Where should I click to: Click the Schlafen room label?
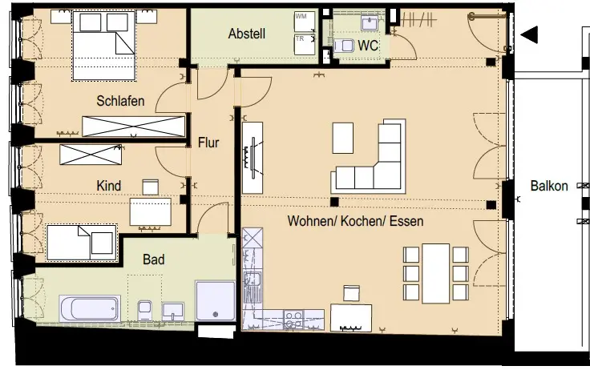pos(120,101)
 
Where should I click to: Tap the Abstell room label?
pos(247,34)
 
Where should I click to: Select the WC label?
pos(368,46)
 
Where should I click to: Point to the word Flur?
pos(208,143)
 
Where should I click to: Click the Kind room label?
pos(109,186)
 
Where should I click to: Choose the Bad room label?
pos(154,259)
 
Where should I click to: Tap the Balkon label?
pos(549,186)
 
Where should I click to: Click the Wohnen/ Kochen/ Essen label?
pos(355,221)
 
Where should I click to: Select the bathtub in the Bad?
pos(90,308)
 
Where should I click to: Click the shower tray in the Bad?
pos(215,301)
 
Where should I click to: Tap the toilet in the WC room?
pos(344,46)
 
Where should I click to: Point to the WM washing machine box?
pos(305,22)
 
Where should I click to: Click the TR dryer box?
pos(305,45)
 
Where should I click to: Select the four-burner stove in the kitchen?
pos(294,320)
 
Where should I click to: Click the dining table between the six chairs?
pos(436,273)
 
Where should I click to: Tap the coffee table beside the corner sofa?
pos(343,138)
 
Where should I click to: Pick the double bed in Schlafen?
pos(103,46)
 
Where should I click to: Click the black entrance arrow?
pos(529,35)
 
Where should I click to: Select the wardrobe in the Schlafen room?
pos(134,127)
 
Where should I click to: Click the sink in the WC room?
pos(370,23)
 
